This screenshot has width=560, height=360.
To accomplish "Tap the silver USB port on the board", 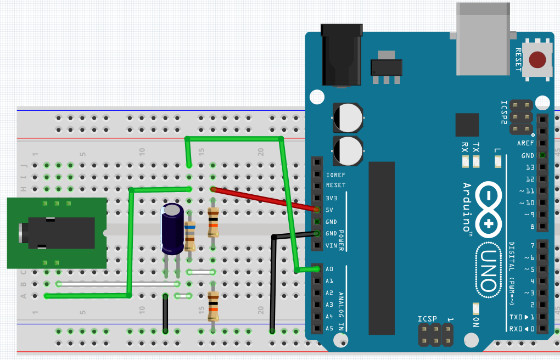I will coord(484,38).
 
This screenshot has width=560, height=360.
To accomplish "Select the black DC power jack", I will coord(341,55).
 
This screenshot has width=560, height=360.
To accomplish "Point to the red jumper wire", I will coord(264,199).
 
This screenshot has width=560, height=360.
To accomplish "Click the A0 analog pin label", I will coord(329,269).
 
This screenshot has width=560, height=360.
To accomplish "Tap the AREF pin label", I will coord(525,143).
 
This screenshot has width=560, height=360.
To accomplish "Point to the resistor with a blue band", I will coord(190,235).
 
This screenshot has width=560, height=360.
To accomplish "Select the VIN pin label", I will coord(331,245).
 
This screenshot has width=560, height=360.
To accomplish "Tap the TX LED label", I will coord(476,148).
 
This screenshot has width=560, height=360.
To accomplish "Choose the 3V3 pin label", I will coord(332,198).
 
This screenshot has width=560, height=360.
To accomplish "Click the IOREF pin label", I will coord(335,175).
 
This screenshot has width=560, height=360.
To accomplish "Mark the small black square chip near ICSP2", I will coord(467,125).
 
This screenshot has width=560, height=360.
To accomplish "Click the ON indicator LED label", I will coord(476,322).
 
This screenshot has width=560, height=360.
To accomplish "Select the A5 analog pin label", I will coord(329,328).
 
